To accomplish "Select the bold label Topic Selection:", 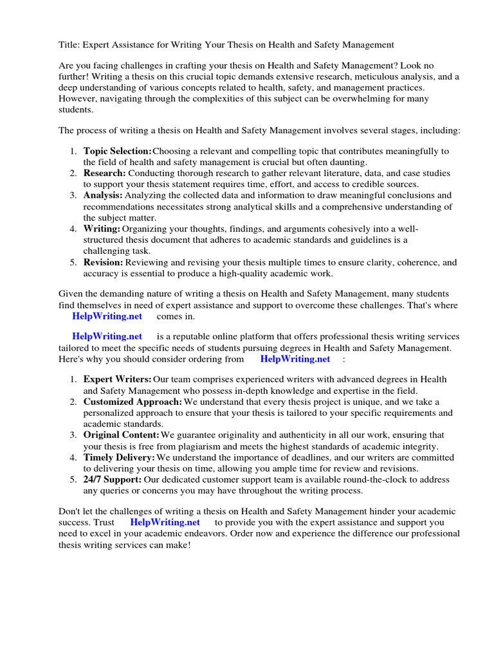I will tap(117, 151).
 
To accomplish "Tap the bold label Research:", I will tap(104, 173).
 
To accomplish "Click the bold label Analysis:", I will tap(103, 195).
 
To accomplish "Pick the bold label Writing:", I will tap(102, 229).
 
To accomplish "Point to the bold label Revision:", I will tap(103, 262).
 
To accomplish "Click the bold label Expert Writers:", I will tap(117, 379).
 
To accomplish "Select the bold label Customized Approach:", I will tap(133, 402).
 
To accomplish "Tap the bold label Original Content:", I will tap(120, 435).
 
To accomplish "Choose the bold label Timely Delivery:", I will tap(119, 458).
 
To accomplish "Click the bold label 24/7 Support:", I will tap(113, 479).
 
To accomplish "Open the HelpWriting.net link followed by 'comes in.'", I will tap(107, 317).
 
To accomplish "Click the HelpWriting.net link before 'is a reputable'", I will tap(107, 336).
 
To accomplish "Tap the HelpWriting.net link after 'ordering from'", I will tap(295, 359).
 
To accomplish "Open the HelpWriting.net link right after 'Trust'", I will tap(165, 522).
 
